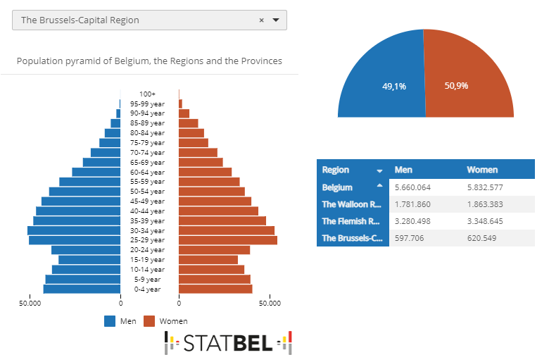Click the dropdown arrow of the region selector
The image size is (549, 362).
click(276, 20)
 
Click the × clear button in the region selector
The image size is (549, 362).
click(261, 20)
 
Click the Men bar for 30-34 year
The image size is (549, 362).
click(74, 230)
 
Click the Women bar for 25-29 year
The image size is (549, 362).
click(228, 240)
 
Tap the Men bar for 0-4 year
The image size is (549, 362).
click(82, 289)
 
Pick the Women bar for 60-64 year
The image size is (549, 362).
click(205, 172)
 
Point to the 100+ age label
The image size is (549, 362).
click(147, 94)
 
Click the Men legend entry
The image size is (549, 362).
click(120, 321)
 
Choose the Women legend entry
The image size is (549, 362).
click(165, 321)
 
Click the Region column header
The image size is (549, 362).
click(336, 170)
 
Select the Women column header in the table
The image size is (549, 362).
click(482, 170)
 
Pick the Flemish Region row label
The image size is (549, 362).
click(351, 221)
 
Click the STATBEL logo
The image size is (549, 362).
click(228, 343)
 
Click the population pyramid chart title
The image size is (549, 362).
click(149, 61)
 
